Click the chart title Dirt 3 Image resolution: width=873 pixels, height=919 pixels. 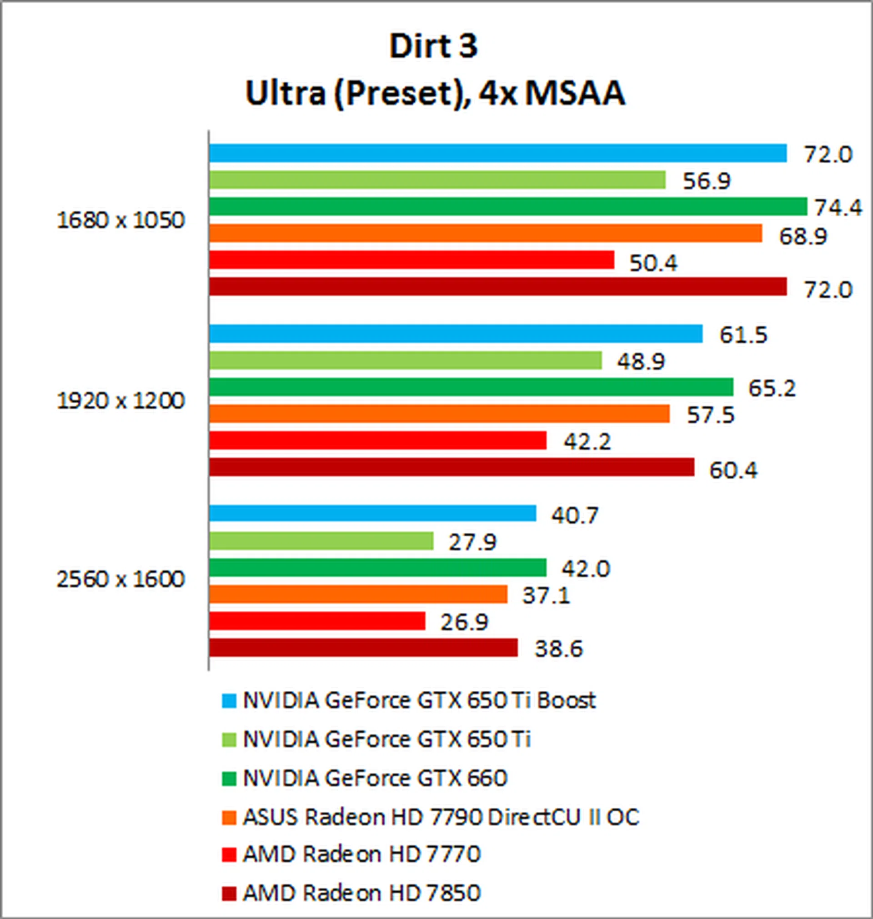(x=433, y=46)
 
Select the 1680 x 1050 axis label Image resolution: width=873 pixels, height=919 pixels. (x=120, y=220)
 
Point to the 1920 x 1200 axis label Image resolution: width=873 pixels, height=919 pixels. (x=120, y=401)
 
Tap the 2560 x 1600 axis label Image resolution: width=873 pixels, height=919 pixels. (x=120, y=579)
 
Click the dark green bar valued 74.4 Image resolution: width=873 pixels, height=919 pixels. (x=508, y=206)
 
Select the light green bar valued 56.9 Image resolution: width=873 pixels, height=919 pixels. (x=437, y=180)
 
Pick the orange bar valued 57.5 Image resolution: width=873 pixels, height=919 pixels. (x=439, y=414)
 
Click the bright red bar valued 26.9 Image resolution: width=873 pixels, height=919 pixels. (x=317, y=621)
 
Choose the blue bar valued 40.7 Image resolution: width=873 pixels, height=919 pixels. (x=372, y=514)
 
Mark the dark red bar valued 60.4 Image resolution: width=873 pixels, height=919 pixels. (x=452, y=467)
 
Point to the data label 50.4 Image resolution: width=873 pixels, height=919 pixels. (x=653, y=264)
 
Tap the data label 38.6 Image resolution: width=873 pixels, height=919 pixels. (x=558, y=649)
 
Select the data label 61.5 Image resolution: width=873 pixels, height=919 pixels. (x=743, y=335)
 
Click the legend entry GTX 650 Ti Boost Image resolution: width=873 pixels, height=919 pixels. (x=419, y=700)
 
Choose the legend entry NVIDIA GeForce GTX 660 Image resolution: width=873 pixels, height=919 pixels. (x=375, y=778)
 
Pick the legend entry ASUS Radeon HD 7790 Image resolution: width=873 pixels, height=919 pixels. (x=441, y=817)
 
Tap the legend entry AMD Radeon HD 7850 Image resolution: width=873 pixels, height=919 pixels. (x=361, y=894)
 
